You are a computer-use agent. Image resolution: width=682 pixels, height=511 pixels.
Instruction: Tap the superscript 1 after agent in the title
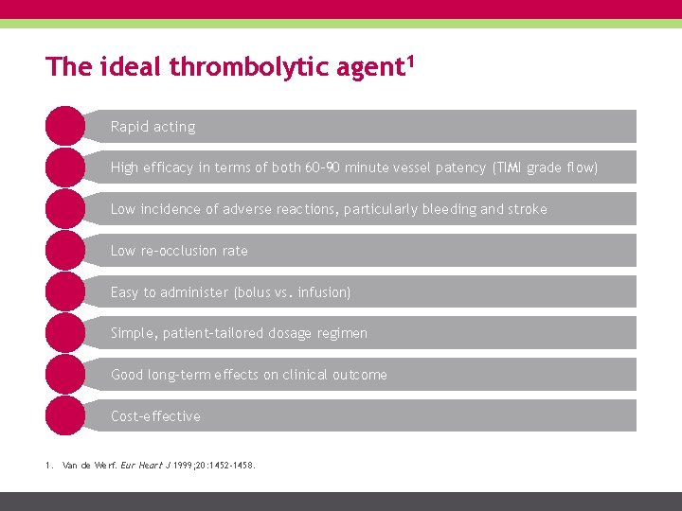coord(413,61)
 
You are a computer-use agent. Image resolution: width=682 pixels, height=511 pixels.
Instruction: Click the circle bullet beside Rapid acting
coord(64,126)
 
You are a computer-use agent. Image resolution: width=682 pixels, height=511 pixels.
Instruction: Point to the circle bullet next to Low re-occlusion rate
coord(64,251)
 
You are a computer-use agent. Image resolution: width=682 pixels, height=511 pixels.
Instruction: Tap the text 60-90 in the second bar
coord(322,167)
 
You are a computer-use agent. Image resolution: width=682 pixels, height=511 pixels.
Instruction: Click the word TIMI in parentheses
coord(508,167)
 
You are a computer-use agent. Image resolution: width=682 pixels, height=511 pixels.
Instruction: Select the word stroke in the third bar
coord(528,209)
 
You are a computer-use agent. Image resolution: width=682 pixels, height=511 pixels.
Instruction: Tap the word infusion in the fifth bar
coord(323,292)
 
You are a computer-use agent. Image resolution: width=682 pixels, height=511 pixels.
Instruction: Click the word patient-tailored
coord(227,333)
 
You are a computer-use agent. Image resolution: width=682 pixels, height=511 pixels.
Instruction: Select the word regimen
coord(341,333)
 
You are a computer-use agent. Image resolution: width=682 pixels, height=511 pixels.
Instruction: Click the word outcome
coord(357,375)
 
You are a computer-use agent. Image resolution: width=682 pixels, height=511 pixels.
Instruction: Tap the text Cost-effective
coord(155,416)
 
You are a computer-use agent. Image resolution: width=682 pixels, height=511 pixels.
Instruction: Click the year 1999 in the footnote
coord(180,466)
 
